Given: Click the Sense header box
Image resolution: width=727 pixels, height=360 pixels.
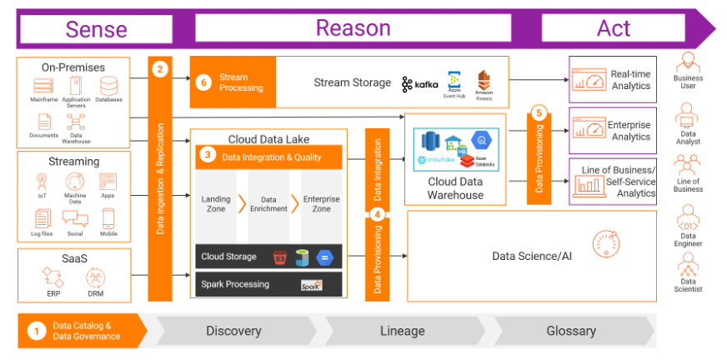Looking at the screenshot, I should [96, 29].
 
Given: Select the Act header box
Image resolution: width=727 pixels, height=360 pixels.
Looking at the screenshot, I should [614, 28].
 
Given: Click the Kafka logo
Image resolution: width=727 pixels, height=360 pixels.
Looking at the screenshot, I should [419, 84].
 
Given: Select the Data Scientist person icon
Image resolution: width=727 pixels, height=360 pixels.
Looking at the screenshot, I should [689, 266].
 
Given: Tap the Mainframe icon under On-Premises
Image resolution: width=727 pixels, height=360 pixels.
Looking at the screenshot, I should [43, 86].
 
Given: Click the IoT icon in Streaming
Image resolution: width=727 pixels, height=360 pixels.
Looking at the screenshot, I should [42, 180].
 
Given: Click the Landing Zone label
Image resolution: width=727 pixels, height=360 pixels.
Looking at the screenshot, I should [216, 204].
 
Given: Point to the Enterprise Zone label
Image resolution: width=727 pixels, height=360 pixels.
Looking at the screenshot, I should [321, 204].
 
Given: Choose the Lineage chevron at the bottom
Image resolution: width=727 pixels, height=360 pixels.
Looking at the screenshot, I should [403, 331].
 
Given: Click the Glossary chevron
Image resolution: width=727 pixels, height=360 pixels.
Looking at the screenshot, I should [571, 331].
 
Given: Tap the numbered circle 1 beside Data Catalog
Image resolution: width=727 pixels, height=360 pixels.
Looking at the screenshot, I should [36, 331].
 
